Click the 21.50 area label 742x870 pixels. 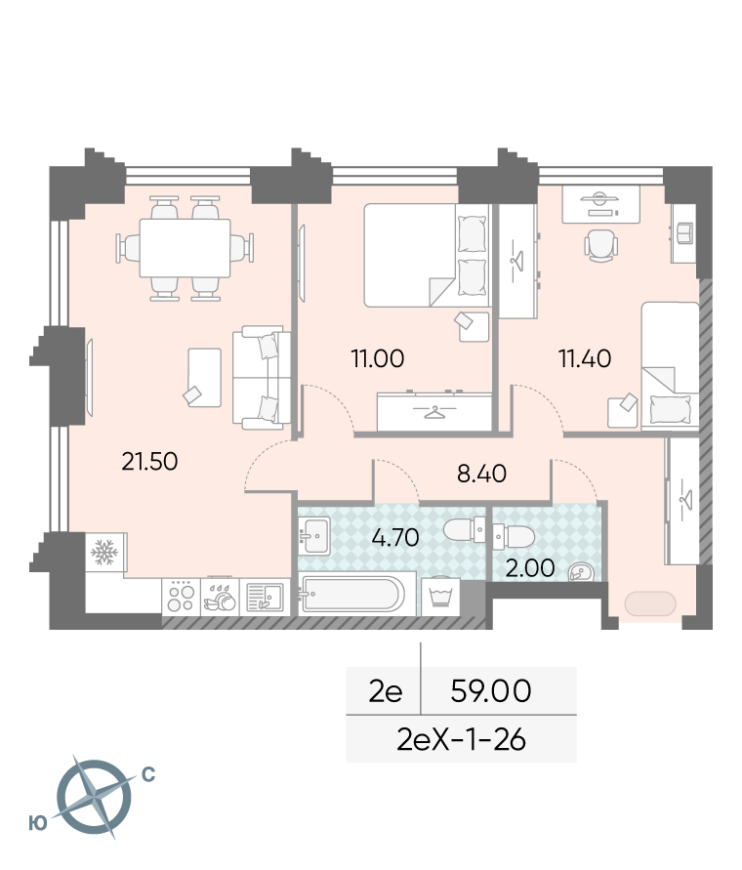tap(149, 461)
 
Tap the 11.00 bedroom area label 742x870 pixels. tap(378, 358)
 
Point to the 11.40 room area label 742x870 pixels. tap(585, 358)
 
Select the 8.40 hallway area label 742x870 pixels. tap(481, 474)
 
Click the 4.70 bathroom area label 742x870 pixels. tap(395, 538)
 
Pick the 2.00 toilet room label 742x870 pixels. tap(530, 568)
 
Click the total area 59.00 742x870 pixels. tap(490, 690)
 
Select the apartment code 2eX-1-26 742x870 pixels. tap(461, 739)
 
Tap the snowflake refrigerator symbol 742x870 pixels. tap(104, 552)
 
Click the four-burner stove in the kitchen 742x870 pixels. tap(181, 597)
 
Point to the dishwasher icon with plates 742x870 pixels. tap(220, 597)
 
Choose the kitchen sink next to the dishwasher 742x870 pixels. tap(265, 597)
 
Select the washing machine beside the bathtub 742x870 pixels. tap(440, 597)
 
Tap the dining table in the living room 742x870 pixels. tap(185, 247)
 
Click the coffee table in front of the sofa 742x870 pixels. tap(204, 377)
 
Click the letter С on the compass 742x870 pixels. tap(148, 774)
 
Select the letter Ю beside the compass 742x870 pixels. tap(38, 823)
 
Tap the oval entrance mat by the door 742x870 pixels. tap(650, 603)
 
